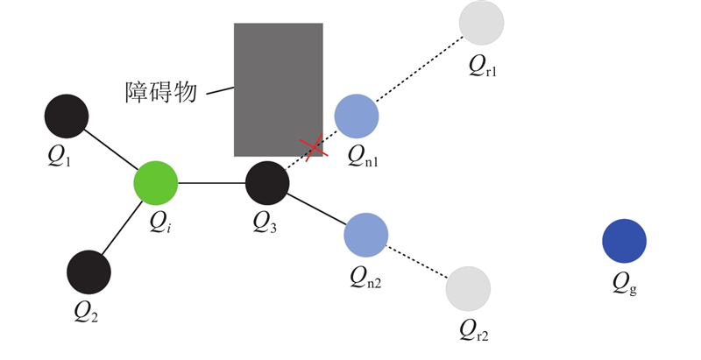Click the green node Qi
coord(155,182)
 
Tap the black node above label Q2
coord(89,272)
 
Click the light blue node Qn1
coord(357,116)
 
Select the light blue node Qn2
coord(365,233)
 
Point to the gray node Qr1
coord(481,23)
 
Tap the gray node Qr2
coord(468,289)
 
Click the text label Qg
coord(625,282)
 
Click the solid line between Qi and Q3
coord(211,183)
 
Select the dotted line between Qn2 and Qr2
coord(417,261)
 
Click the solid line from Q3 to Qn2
coord(316,208)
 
